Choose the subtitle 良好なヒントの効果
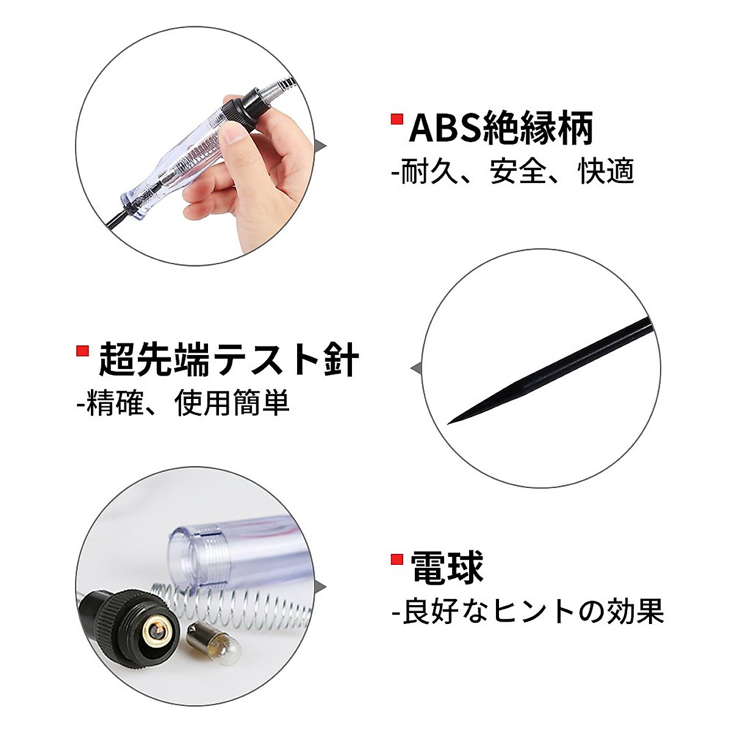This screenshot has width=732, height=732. pos(528,611)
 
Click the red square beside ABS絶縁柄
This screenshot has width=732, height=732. pos(397,118)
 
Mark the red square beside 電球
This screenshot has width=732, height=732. pos(397,558)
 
